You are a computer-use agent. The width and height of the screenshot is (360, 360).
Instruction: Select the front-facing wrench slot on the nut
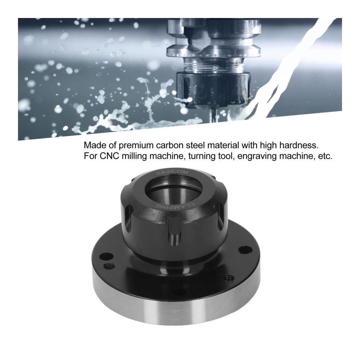[174, 231]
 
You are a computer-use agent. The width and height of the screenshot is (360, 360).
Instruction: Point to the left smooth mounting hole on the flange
[102, 256]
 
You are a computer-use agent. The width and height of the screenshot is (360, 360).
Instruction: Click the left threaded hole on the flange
[109, 266]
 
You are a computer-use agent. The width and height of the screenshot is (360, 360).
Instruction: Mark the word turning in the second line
[202, 157]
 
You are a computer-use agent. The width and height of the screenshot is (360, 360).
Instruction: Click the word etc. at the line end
[325, 156]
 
